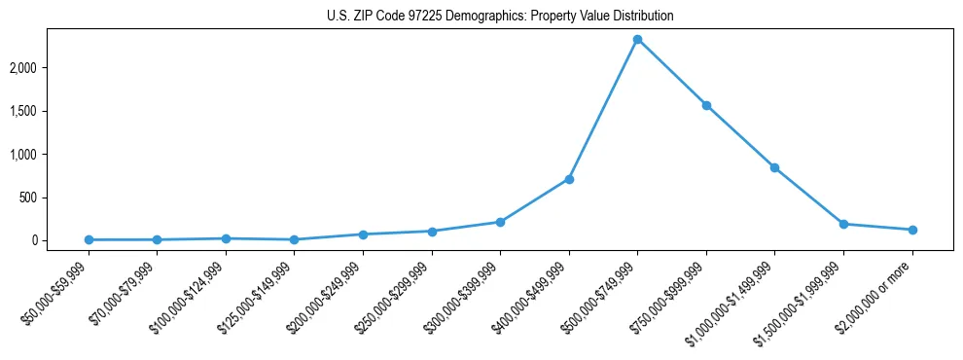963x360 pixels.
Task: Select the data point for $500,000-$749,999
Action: pos(637,39)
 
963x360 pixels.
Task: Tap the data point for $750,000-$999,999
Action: pos(706,105)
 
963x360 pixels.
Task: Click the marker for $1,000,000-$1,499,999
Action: pos(774,167)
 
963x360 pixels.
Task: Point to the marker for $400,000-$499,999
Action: pos(569,179)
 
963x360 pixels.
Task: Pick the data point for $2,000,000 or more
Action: pos(912,230)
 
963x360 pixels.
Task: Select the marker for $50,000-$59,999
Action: pos(89,239)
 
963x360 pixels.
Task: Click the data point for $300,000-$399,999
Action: pos(500,222)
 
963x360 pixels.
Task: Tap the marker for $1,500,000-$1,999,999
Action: pos(843,224)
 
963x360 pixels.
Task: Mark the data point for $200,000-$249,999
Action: pos(363,234)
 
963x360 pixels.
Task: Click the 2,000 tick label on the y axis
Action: pos(51,68)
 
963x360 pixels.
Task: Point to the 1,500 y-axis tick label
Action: pos(51,111)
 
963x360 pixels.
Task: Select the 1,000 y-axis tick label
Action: pos(51,154)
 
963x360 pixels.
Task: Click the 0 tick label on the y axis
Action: pos(61,240)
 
